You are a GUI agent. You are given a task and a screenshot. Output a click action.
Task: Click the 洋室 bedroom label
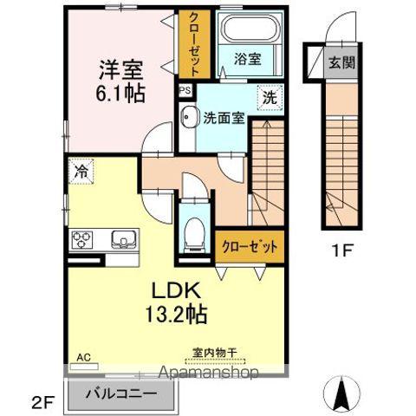tap(121, 69)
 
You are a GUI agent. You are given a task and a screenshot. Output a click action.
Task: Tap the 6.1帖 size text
tap(120, 94)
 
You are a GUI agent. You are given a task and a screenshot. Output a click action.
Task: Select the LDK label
tap(176, 290)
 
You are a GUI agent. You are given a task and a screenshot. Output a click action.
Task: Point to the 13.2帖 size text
tap(176, 314)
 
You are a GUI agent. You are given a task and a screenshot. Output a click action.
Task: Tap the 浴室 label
tap(247, 59)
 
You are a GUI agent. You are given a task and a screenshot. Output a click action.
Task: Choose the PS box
tap(185, 90)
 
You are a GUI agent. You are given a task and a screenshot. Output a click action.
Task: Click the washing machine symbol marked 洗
tap(270, 97)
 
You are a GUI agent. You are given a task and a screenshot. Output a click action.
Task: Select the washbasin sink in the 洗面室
tap(188, 117)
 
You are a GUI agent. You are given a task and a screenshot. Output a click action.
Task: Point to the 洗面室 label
tap(224, 118)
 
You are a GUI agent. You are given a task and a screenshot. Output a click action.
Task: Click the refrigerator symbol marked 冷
tap(81, 171)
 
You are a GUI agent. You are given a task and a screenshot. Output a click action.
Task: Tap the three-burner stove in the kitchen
tap(82, 240)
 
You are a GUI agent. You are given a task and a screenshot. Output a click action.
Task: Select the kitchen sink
tap(124, 239)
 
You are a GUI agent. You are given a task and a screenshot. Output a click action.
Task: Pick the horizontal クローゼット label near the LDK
tap(250, 246)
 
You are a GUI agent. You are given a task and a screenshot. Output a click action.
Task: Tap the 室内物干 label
tap(215, 353)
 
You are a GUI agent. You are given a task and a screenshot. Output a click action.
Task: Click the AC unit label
tap(84, 357)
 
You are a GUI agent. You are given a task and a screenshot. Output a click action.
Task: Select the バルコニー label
tap(121, 393)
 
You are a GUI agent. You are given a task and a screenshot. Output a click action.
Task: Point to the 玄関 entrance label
tap(342, 62)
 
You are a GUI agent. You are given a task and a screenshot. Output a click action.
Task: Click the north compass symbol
tap(342, 393)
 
